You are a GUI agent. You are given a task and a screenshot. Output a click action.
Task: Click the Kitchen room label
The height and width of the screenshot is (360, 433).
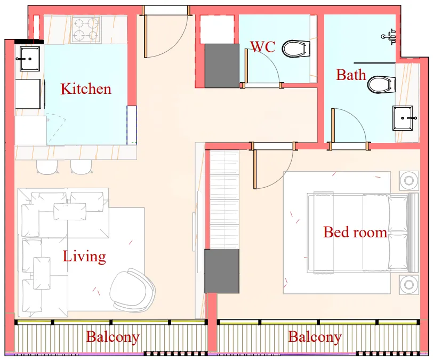click(x=86, y=89)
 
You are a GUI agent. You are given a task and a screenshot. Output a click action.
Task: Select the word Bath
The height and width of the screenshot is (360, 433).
click(x=351, y=75)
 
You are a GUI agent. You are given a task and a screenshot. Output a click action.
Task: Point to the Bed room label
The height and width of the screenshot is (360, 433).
click(x=355, y=232)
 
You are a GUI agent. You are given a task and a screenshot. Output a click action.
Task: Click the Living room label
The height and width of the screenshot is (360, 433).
click(x=84, y=257)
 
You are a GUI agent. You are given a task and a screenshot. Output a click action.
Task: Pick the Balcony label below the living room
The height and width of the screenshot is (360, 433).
click(x=113, y=337)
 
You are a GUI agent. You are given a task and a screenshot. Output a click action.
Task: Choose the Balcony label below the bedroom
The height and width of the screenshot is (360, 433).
click(x=315, y=337)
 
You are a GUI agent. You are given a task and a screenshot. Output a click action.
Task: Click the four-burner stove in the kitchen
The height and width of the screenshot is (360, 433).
click(x=86, y=29)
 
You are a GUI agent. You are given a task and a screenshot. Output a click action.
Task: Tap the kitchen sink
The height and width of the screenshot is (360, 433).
click(x=29, y=58)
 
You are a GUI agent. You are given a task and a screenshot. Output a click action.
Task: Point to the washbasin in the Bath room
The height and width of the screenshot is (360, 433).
click(x=403, y=117)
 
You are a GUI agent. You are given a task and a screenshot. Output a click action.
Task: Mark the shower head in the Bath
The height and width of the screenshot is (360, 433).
click(x=389, y=37)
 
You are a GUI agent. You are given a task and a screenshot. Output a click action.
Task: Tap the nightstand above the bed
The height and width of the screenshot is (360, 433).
click(x=409, y=180)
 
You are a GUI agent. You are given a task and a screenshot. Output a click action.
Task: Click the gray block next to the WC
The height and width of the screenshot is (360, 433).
click(x=222, y=66)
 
